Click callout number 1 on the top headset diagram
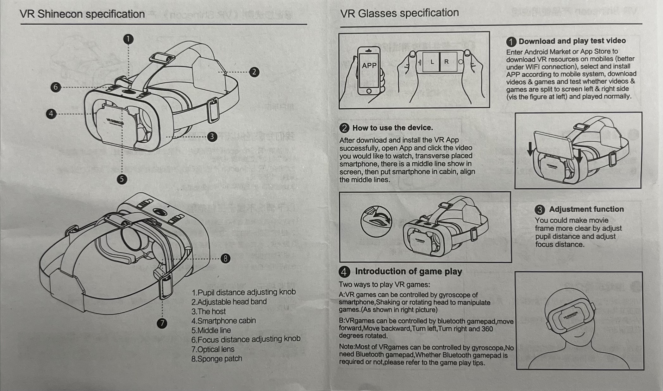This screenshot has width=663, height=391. [x=128, y=39]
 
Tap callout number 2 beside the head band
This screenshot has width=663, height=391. [x=254, y=72]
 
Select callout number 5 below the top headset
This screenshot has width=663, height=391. [x=122, y=179]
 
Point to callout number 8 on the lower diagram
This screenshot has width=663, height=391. [x=225, y=259]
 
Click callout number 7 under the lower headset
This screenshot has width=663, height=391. [x=162, y=323]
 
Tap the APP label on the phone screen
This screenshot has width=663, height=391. [x=369, y=66]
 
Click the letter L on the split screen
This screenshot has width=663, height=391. [x=432, y=62]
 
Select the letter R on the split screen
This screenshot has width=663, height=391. [x=447, y=62]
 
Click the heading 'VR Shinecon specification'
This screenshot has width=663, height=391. [x=82, y=14]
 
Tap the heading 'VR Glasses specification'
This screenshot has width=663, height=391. [x=399, y=13]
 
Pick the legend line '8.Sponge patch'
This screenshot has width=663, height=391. [x=217, y=359]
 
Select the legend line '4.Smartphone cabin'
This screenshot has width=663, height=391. [x=223, y=321]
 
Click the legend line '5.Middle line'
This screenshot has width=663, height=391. [x=211, y=330]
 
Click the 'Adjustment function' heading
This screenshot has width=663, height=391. [x=586, y=209]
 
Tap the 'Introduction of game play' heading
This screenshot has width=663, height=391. [x=408, y=271]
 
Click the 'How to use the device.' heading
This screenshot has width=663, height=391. [x=392, y=128]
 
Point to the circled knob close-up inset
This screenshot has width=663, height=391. [x=376, y=221]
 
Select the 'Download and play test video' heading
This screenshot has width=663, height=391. [x=572, y=41]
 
